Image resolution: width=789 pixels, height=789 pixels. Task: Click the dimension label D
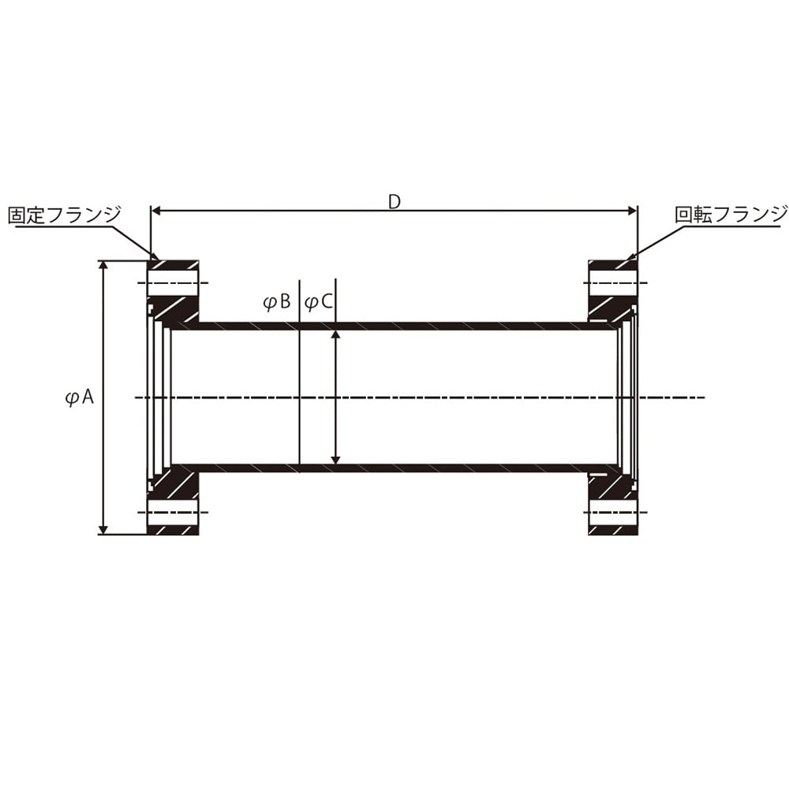(x=394, y=202)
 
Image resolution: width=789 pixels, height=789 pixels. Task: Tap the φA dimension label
(x=80, y=398)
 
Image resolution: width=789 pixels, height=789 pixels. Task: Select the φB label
(x=277, y=302)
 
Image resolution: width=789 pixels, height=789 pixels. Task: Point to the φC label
(x=319, y=302)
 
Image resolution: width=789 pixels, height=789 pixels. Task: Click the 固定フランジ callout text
(x=65, y=215)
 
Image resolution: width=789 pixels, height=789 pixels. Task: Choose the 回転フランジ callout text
(x=731, y=215)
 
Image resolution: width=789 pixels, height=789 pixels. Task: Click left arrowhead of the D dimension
(x=156, y=211)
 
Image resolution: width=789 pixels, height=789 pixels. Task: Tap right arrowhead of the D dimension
(x=633, y=211)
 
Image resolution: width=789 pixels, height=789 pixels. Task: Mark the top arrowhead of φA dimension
(x=103, y=265)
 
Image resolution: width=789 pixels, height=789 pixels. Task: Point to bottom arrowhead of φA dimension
(x=103, y=529)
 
